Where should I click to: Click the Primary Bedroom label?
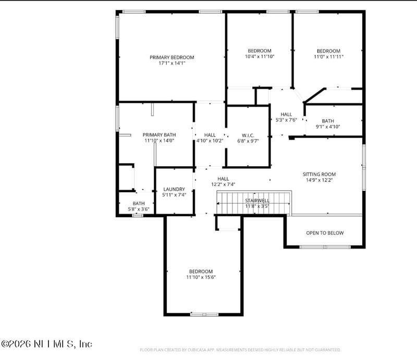point(171,57)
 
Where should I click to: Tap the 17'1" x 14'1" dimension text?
point(171,63)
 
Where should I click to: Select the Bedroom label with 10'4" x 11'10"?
point(259,51)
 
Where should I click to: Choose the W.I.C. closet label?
point(248,135)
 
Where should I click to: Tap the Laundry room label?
point(174,189)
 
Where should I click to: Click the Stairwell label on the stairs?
point(257,200)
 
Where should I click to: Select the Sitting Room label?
point(319,174)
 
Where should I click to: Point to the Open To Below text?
point(325,233)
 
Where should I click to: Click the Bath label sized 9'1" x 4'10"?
point(328,121)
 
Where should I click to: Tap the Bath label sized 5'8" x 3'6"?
point(139,204)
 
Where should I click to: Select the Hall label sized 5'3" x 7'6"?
point(286,114)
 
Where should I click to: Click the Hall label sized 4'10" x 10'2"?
point(210,135)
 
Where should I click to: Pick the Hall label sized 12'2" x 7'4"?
point(223,179)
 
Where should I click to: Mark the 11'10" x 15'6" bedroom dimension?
point(201,277)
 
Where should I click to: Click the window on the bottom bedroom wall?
point(204,314)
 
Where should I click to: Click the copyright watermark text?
point(47,344)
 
